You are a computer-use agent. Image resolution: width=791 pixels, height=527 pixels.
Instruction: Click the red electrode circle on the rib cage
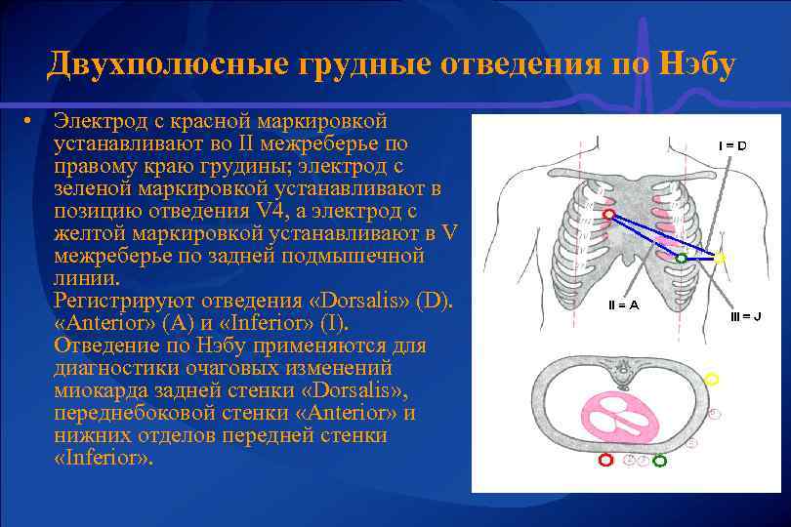point(609,213)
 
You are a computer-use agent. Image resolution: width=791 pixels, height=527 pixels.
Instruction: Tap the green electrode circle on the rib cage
point(681,259)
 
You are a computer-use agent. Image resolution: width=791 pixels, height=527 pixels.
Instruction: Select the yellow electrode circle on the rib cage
point(720,258)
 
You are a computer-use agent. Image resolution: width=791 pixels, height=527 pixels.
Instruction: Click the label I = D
point(732,145)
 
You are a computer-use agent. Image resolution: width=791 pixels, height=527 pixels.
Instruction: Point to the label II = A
point(623,304)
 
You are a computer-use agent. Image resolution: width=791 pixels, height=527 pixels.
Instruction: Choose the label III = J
point(745,316)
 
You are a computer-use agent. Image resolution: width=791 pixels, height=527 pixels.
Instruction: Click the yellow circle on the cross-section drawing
point(712,379)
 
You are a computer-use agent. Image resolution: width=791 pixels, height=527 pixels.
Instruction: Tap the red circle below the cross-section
point(605,460)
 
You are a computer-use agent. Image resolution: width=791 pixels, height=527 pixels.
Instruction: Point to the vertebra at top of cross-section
point(621,370)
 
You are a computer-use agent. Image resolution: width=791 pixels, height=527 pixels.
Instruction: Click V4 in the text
point(260,210)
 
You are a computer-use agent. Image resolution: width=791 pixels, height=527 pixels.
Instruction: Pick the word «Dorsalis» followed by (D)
point(369,300)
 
